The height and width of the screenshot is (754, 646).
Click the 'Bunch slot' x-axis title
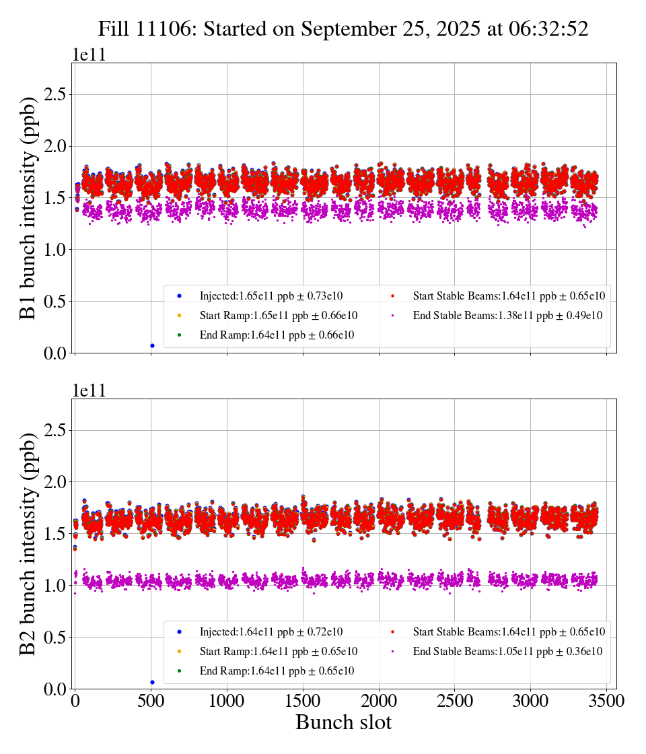(343, 722)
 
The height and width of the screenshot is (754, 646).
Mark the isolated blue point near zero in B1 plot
(152, 345)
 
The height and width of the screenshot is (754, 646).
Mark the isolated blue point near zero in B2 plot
(152, 682)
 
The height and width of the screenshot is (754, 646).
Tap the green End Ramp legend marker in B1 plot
(180, 335)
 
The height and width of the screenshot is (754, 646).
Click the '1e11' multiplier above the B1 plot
(89, 55)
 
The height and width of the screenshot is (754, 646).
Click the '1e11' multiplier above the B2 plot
(89, 391)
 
